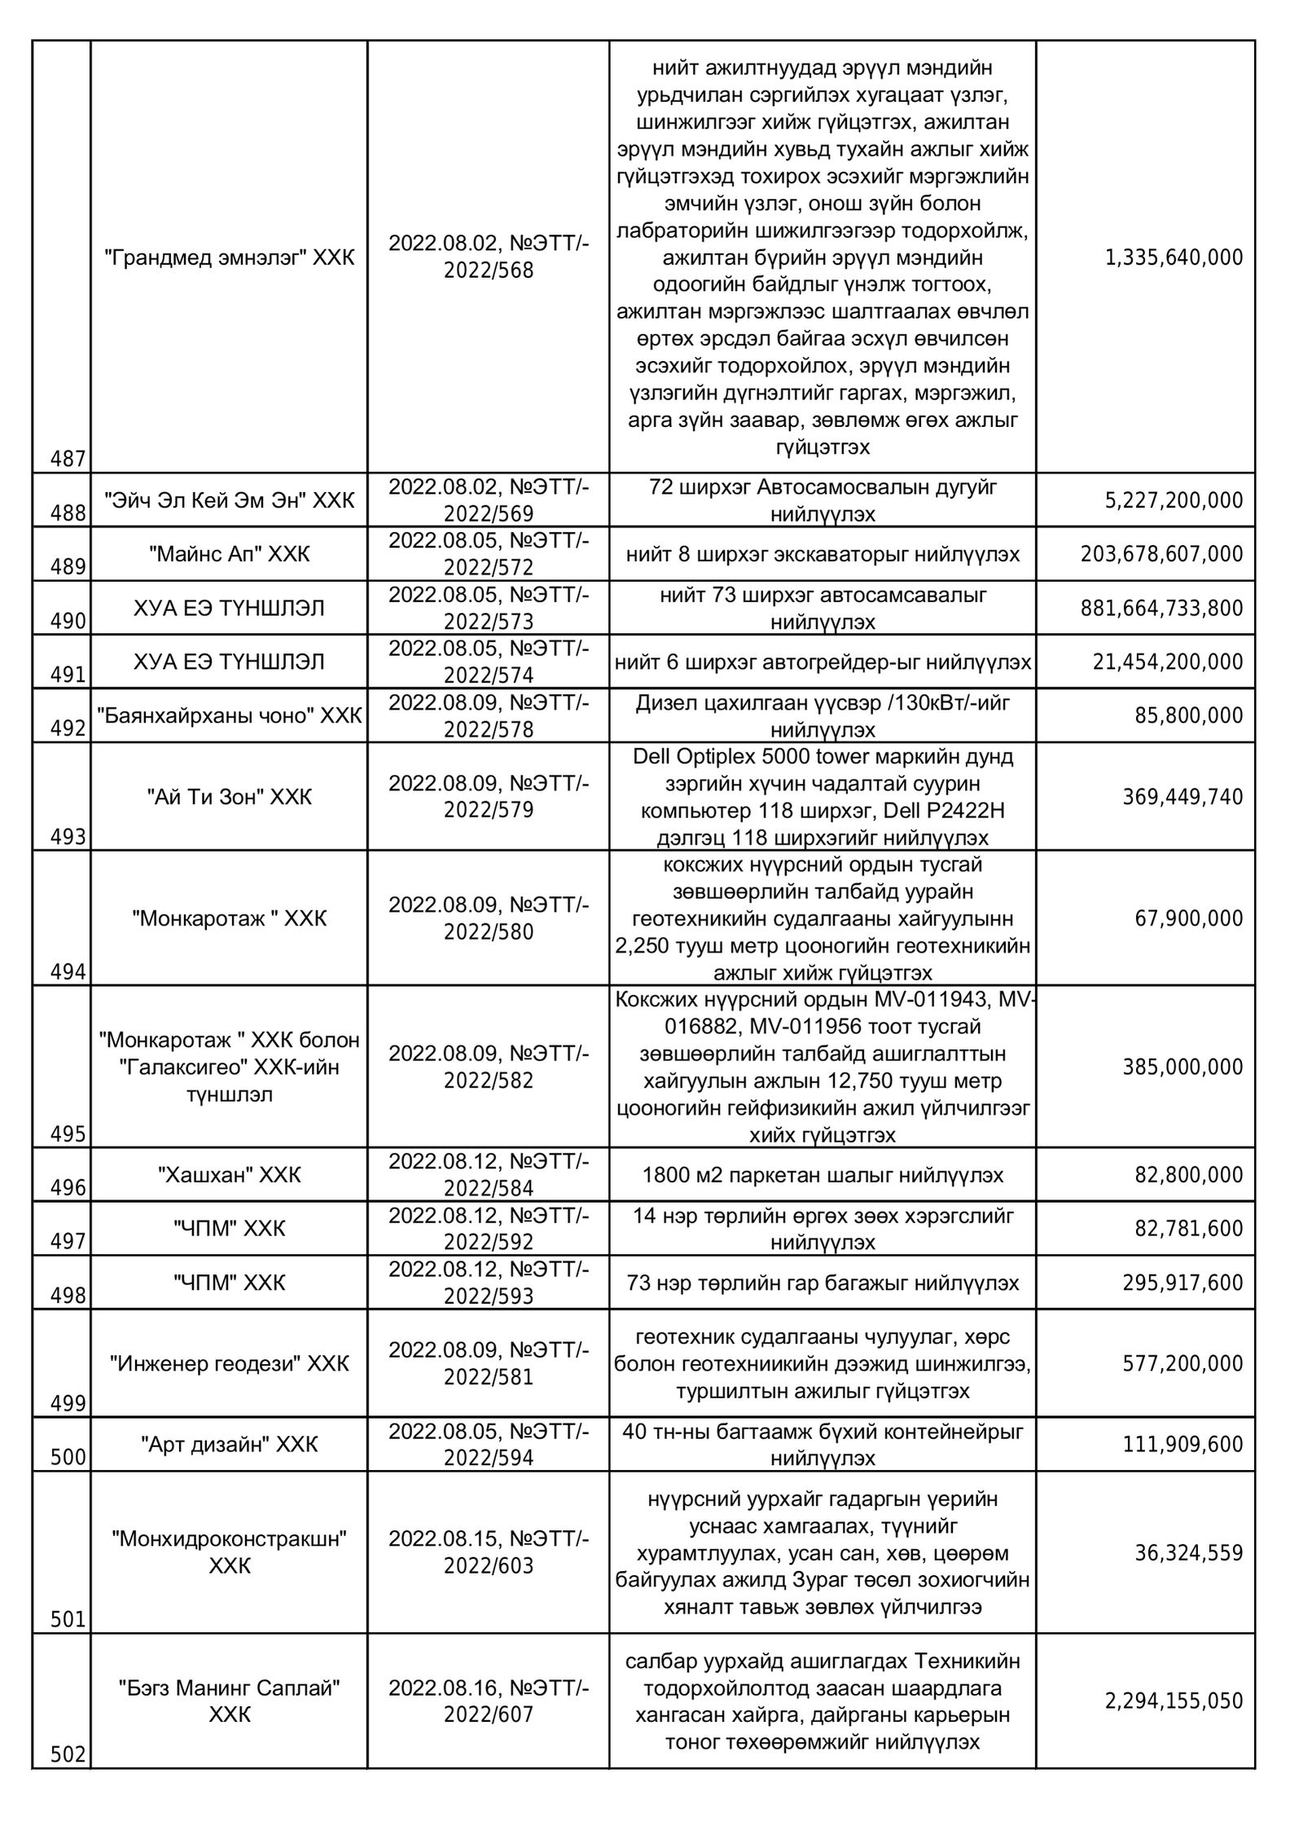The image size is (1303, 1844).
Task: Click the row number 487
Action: pyautogui.click(x=68, y=460)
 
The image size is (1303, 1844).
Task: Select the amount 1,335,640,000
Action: pyautogui.click(x=1174, y=258)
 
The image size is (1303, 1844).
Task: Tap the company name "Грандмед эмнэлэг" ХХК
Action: pyautogui.click(x=230, y=257)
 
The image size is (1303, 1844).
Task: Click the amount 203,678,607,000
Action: pyautogui.click(x=1162, y=554)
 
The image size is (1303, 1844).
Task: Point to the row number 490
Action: pyautogui.click(x=68, y=622)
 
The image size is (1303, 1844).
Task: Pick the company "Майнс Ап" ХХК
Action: pyautogui.click(x=230, y=554)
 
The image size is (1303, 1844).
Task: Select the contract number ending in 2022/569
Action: pyautogui.click(x=489, y=500)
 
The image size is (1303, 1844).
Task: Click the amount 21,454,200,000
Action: pyautogui.click(x=1168, y=662)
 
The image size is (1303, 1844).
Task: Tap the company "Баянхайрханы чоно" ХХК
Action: pyautogui.click(x=230, y=715)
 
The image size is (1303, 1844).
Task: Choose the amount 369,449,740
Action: pyautogui.click(x=1182, y=796)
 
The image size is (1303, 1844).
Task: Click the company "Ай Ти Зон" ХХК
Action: pyautogui.click(x=230, y=796)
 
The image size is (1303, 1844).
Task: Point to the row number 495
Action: pyautogui.click(x=68, y=1134)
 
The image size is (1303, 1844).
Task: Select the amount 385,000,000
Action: pyautogui.click(x=1182, y=1067)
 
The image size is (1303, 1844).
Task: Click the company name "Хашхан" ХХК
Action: pyautogui.click(x=230, y=1174)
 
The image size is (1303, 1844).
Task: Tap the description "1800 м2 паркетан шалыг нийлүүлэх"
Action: pyautogui.click(x=823, y=1174)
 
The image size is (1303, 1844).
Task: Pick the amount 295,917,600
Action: pyautogui.click(x=1182, y=1283)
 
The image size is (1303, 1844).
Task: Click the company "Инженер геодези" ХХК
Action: pyautogui.click(x=230, y=1363)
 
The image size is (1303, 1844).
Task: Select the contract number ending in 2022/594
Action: pyautogui.click(x=489, y=1444)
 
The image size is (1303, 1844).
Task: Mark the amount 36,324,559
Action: pyautogui.click(x=1189, y=1552)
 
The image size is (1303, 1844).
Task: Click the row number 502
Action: pyautogui.click(x=68, y=1754)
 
